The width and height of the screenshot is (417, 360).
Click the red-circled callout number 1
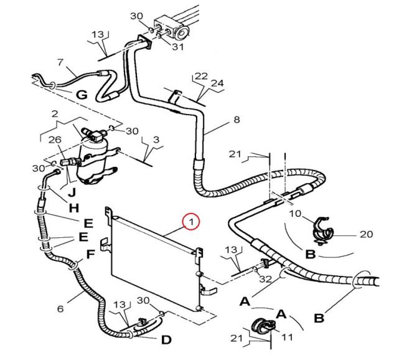coord(192,221)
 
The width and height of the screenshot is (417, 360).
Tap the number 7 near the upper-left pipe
coord(60,62)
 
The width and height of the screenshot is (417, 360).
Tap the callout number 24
coord(216,83)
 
